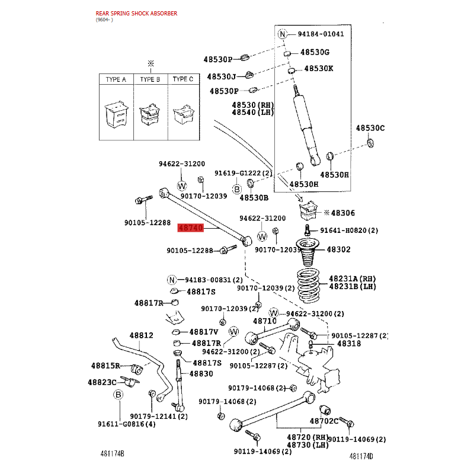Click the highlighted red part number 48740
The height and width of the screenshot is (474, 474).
(190, 228)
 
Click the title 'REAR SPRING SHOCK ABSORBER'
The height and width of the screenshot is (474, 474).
(136, 13)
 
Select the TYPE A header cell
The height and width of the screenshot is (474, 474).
(116, 79)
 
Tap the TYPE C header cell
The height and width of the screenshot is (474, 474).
(184, 79)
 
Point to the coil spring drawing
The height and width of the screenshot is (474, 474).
(308, 285)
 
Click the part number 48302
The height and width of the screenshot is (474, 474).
(338, 249)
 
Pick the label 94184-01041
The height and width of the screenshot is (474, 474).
(321, 34)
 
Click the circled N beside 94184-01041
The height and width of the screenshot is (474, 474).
(283, 34)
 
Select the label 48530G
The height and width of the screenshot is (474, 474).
(315, 52)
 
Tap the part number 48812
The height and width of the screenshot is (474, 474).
(141, 335)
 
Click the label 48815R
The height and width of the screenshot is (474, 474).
(105, 366)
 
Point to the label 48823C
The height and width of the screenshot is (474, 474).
(102, 382)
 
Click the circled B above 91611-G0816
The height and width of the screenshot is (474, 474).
(118, 395)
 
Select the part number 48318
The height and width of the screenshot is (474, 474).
(349, 344)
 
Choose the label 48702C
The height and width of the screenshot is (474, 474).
(324, 421)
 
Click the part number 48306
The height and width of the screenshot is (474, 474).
(343, 213)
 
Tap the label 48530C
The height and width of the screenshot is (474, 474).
(370, 128)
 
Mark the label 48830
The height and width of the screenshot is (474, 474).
(201, 374)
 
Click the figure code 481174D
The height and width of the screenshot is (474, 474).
(361, 456)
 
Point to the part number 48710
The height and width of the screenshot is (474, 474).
(265, 321)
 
